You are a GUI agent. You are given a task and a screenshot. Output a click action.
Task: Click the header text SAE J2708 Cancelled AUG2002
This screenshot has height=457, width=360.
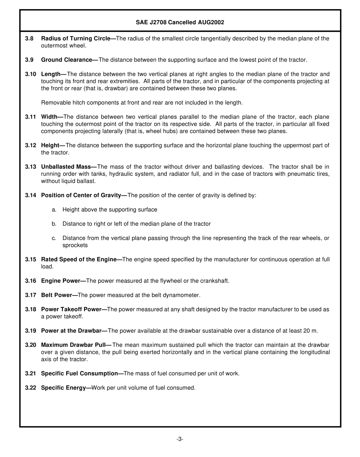(180, 22)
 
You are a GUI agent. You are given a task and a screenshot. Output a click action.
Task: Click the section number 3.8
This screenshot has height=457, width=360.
(29, 38)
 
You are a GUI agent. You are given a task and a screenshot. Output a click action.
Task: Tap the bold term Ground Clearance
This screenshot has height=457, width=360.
(67, 60)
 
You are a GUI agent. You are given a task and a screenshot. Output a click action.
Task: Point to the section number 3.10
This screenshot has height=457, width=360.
(31, 74)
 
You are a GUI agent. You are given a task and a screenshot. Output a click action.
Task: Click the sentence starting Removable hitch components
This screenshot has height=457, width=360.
(142, 103)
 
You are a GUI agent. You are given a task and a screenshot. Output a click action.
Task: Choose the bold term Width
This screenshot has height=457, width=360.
(49, 117)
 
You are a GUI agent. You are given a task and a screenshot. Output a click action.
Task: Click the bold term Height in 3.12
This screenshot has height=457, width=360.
(50, 146)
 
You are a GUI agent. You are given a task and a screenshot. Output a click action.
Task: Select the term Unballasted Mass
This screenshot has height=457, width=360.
(66, 167)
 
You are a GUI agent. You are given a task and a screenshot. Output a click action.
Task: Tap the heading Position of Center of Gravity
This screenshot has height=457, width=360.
(81, 196)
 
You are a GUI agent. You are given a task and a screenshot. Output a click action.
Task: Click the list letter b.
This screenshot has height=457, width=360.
(54, 224)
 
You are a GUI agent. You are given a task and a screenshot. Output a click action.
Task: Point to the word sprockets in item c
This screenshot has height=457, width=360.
(75, 245)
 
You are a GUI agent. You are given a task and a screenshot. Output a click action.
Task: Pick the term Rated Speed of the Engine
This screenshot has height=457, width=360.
(79, 260)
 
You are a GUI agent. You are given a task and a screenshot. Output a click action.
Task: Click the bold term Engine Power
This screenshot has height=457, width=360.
(61, 281)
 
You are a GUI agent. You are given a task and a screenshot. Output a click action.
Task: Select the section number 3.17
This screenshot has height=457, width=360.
(31, 295)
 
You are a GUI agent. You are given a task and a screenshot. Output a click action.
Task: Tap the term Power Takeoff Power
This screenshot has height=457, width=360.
(71, 309)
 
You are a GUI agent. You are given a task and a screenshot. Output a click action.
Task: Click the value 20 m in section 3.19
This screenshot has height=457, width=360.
(310, 331)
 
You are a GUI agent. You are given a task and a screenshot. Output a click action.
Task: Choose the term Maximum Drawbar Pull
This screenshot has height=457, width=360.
(73, 345)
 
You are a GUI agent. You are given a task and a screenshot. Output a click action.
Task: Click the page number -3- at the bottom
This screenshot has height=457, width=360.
(180, 439)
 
